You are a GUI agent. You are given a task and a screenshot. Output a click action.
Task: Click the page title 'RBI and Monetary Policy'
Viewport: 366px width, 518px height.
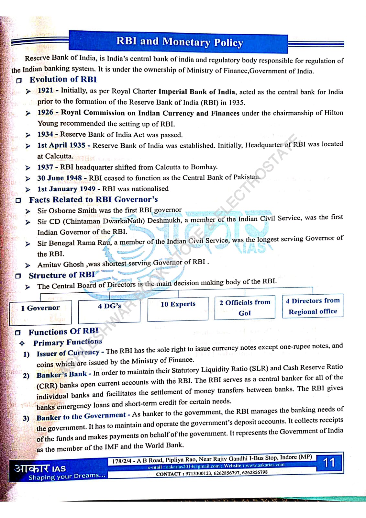pos(179,42)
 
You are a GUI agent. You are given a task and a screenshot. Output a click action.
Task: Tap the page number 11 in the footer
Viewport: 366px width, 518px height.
pos(329,462)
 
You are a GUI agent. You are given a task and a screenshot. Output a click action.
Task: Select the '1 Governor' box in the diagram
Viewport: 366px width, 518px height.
pos(40,308)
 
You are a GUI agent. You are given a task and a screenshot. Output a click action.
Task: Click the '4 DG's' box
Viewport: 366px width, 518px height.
pos(109,306)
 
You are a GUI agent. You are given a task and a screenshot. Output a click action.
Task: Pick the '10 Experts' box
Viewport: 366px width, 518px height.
pos(178,304)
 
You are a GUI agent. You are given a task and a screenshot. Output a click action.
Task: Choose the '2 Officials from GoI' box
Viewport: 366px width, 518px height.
pos(245,307)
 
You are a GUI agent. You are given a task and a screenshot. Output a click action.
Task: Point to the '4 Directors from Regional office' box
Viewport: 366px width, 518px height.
pos(313,306)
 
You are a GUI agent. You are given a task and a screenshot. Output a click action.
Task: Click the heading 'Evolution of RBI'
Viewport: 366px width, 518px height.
pos(63,79)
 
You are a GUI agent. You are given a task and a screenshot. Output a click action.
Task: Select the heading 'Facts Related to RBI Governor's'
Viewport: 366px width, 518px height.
pos(94,199)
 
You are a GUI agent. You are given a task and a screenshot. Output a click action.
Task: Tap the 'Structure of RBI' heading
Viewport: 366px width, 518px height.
pos(62,275)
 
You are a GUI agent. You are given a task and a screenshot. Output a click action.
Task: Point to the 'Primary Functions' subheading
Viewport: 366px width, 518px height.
pos(68,342)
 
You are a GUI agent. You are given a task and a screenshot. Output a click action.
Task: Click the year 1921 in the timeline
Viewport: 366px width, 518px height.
pos(45,91)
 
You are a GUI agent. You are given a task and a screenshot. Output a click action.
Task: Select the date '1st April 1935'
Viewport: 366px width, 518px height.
pos(61,145)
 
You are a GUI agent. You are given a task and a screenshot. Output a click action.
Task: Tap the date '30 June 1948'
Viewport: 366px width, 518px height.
pos(60,178)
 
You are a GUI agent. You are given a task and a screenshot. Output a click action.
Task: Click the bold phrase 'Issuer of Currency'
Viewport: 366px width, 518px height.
pos(68,353)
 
